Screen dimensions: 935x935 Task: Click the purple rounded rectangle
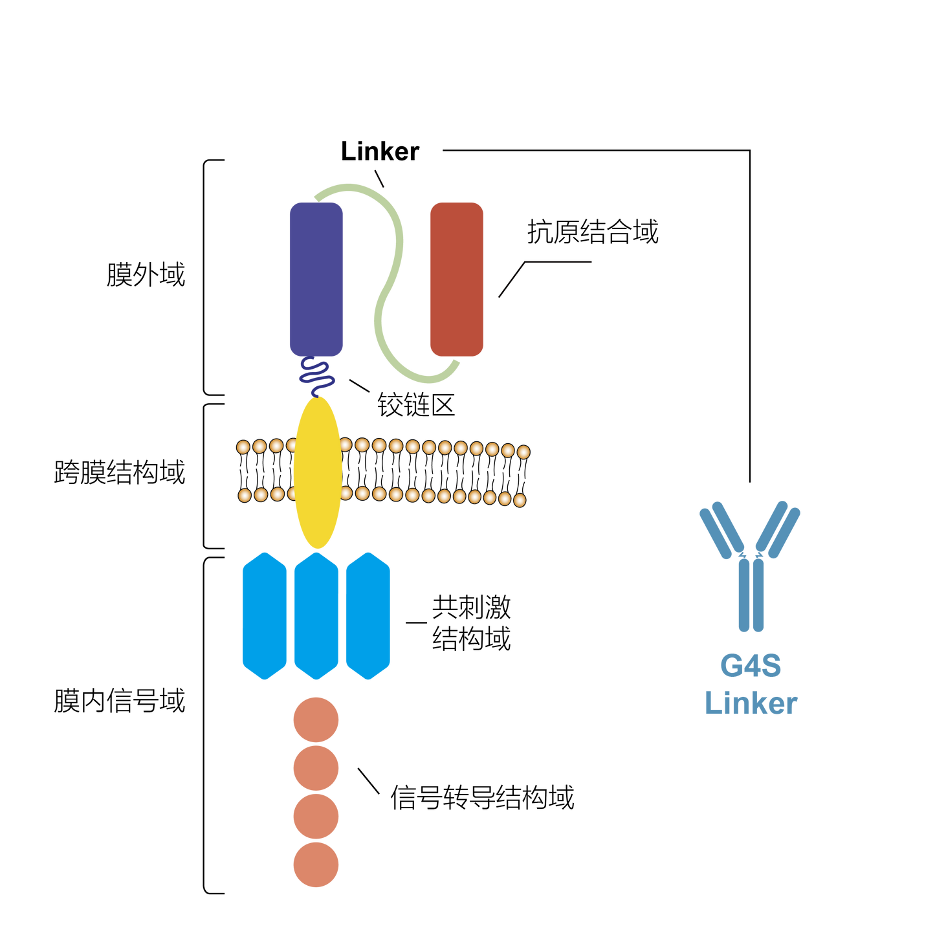316,279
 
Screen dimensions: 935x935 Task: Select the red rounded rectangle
456,279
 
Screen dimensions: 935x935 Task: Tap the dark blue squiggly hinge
316,377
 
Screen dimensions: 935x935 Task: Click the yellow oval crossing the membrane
317,473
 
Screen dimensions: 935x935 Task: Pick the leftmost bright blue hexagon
265,616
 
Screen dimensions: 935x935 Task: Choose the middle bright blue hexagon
316,616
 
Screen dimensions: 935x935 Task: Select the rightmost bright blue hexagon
368,616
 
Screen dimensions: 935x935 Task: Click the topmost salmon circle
316,720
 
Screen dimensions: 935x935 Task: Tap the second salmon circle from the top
316,768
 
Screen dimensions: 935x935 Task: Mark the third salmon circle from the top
316,817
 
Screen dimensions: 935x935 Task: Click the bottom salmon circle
316,865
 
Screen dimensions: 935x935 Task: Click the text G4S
751,666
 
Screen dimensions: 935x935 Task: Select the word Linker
751,703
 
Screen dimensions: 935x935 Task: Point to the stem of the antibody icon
751,595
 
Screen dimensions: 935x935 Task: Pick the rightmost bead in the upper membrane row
523,452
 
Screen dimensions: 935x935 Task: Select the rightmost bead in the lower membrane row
519,500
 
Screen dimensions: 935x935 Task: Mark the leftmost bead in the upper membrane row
243,446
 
